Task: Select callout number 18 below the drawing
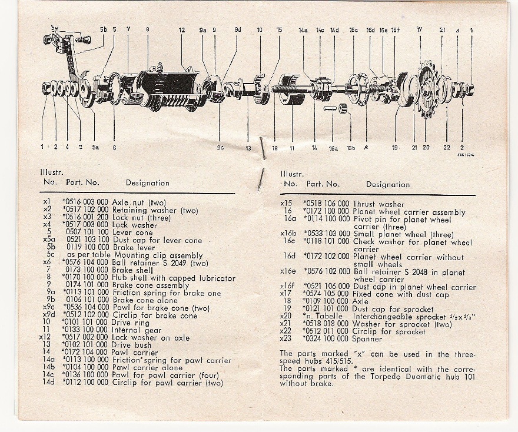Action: (x=274, y=148)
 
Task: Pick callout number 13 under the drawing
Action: (x=248, y=148)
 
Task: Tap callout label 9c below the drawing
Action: (x=220, y=148)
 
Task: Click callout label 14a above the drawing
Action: (x=303, y=29)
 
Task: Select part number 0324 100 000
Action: (x=327, y=339)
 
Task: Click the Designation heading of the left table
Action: (x=147, y=183)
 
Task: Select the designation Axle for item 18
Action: (x=360, y=301)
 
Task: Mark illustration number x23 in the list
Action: (x=288, y=339)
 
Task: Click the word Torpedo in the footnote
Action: (x=383, y=376)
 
